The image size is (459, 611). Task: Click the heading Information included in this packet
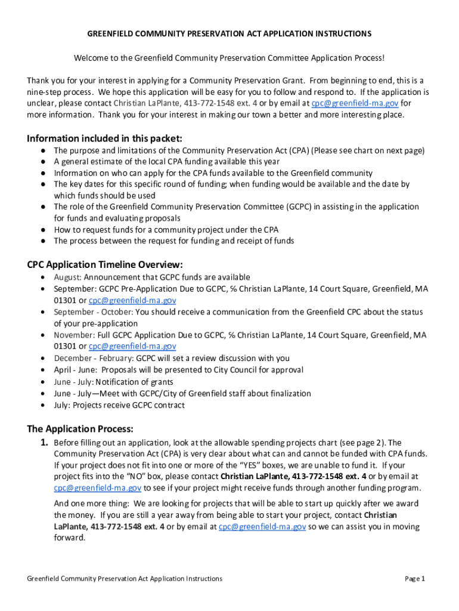coord(104,139)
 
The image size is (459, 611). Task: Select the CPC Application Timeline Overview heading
coord(105,264)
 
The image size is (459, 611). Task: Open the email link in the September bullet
coord(132,300)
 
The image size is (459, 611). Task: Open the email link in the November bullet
coord(132,347)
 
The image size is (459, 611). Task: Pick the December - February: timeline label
coord(94,359)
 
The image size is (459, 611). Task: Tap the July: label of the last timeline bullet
coord(62,405)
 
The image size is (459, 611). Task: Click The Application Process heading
coord(80,429)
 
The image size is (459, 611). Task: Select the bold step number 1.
coord(44,443)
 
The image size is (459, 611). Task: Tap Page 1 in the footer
coord(414,579)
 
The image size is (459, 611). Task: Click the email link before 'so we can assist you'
coord(262,527)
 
